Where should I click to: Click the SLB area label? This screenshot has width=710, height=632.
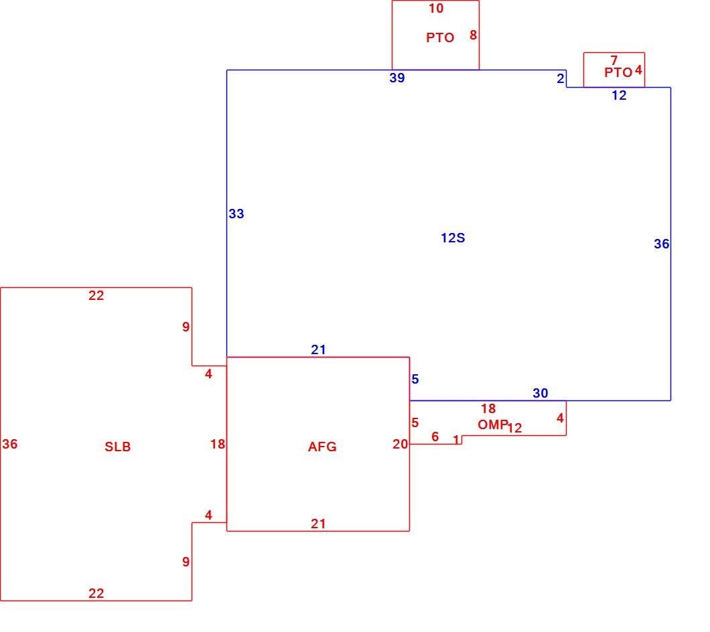pyautogui.click(x=118, y=447)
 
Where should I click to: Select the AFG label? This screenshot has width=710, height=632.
pyautogui.click(x=322, y=447)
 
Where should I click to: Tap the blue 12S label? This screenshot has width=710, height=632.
pyautogui.click(x=453, y=238)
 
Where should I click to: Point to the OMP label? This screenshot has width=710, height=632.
pyautogui.click(x=493, y=424)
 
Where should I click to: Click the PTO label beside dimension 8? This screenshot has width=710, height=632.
pyautogui.click(x=440, y=37)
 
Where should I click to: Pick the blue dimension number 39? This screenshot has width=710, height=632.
pyautogui.click(x=397, y=78)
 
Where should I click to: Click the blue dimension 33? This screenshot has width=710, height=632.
pyautogui.click(x=236, y=214)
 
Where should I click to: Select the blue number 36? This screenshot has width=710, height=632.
pyautogui.click(x=662, y=244)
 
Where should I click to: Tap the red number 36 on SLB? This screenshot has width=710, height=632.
pyautogui.click(x=10, y=444)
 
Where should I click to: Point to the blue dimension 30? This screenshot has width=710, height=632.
pyautogui.click(x=540, y=393)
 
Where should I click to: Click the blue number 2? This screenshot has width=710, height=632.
pyautogui.click(x=561, y=78)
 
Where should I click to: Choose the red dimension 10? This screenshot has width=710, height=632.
pyautogui.click(x=436, y=8)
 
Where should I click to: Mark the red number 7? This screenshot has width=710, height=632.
pyautogui.click(x=614, y=60)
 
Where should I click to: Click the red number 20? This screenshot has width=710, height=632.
pyautogui.click(x=401, y=444)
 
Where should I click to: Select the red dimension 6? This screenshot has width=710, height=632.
pyautogui.click(x=435, y=437)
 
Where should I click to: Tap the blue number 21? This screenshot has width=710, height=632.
pyautogui.click(x=318, y=349)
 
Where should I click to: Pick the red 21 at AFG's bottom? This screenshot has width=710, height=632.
pyautogui.click(x=318, y=524)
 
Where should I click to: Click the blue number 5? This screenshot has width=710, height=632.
pyautogui.click(x=415, y=379)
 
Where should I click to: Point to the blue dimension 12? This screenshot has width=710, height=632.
pyautogui.click(x=619, y=95)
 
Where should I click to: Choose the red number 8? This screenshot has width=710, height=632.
pyautogui.click(x=473, y=35)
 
